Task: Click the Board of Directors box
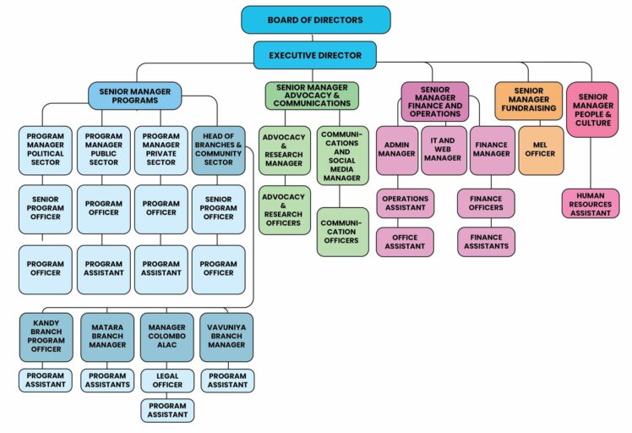(316, 19)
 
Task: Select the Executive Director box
(315, 55)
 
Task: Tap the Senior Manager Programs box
(135, 96)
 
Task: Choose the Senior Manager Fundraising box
(528, 101)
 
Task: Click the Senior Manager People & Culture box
(592, 110)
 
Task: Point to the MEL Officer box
(541, 151)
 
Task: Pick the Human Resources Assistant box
(591, 204)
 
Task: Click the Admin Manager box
(397, 151)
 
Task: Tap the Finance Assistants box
(486, 242)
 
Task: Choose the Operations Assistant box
(405, 203)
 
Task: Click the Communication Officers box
(342, 232)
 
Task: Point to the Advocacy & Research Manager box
(285, 151)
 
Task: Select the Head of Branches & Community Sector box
(219, 151)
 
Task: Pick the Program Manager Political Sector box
(46, 151)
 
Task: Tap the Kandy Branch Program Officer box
(46, 337)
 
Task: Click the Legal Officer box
(167, 381)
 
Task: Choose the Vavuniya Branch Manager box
(226, 337)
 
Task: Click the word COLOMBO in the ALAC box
(166, 336)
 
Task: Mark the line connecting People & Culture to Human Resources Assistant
(591, 163)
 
